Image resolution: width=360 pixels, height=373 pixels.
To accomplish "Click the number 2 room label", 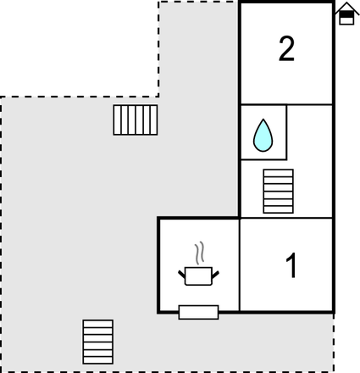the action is click(x=286, y=49).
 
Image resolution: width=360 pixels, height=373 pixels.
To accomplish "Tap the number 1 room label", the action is click(x=291, y=265).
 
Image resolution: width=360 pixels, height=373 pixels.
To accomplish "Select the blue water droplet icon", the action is click(x=263, y=136).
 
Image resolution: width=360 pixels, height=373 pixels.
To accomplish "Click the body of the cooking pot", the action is click(x=198, y=276).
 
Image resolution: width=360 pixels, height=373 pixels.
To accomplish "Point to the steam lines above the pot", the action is click(x=199, y=253).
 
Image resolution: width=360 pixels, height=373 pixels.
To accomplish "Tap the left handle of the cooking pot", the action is click(x=182, y=274).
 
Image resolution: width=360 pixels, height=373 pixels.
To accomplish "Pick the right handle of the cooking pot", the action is click(x=215, y=275).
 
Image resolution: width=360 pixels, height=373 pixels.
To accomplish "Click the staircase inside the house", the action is click(x=278, y=192).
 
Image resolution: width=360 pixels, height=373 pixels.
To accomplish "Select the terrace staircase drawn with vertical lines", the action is click(x=136, y=120).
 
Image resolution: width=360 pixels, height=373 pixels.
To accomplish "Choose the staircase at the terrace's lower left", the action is click(x=98, y=342).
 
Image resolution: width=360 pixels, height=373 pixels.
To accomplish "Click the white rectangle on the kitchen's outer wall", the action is click(x=198, y=312).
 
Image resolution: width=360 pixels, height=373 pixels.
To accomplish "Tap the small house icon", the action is click(x=347, y=14).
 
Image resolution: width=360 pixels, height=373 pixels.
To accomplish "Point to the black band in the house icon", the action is click(x=346, y=14).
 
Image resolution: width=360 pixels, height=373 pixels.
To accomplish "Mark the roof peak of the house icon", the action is click(x=347, y=3).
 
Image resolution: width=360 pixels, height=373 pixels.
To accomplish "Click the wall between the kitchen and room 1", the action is click(x=240, y=265).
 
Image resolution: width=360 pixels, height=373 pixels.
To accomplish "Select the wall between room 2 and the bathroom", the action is click(x=286, y=104).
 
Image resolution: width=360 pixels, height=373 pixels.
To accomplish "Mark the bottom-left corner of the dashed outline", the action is click(x=1, y=371).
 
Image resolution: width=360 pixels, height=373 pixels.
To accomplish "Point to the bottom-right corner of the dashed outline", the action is click(x=334, y=371).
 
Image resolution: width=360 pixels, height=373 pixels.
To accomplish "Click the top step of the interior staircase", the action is click(x=278, y=173).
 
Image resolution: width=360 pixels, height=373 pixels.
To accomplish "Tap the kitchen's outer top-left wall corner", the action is click(x=158, y=218).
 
